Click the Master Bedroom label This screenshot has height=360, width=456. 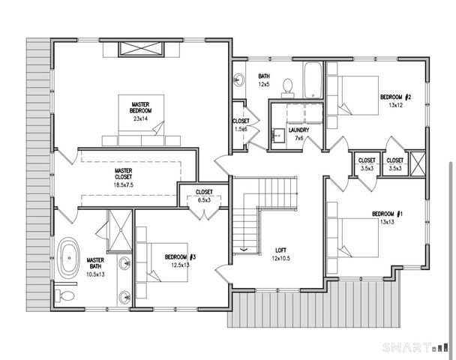pyautogui.click(x=140, y=107)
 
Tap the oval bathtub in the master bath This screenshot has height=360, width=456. pyautogui.click(x=69, y=258)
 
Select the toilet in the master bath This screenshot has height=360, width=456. pyautogui.click(x=64, y=296)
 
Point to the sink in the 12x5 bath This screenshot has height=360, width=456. pyautogui.click(x=239, y=79)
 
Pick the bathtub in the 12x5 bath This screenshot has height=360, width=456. pyautogui.click(x=313, y=80)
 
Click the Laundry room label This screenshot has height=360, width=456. pyautogui.click(x=298, y=130)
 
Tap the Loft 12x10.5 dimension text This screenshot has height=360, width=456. pyautogui.click(x=281, y=258)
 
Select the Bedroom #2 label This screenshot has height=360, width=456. pyautogui.click(x=395, y=97)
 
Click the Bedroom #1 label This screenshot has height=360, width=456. pyautogui.click(x=387, y=214)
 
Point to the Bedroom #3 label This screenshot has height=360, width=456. pyautogui.click(x=180, y=257)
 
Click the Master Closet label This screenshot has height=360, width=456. pyautogui.click(x=123, y=173)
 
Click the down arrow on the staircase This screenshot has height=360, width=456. pyautogui.click(x=244, y=250)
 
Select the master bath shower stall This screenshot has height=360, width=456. pyautogui.click(x=120, y=230)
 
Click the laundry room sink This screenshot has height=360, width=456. pyautogui.click(x=278, y=135)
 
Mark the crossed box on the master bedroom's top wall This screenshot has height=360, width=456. pyautogui.click(x=141, y=49)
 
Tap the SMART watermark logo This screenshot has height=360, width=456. pyautogui.click(x=415, y=347)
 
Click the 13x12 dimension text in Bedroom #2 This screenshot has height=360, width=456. pyautogui.click(x=395, y=105)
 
